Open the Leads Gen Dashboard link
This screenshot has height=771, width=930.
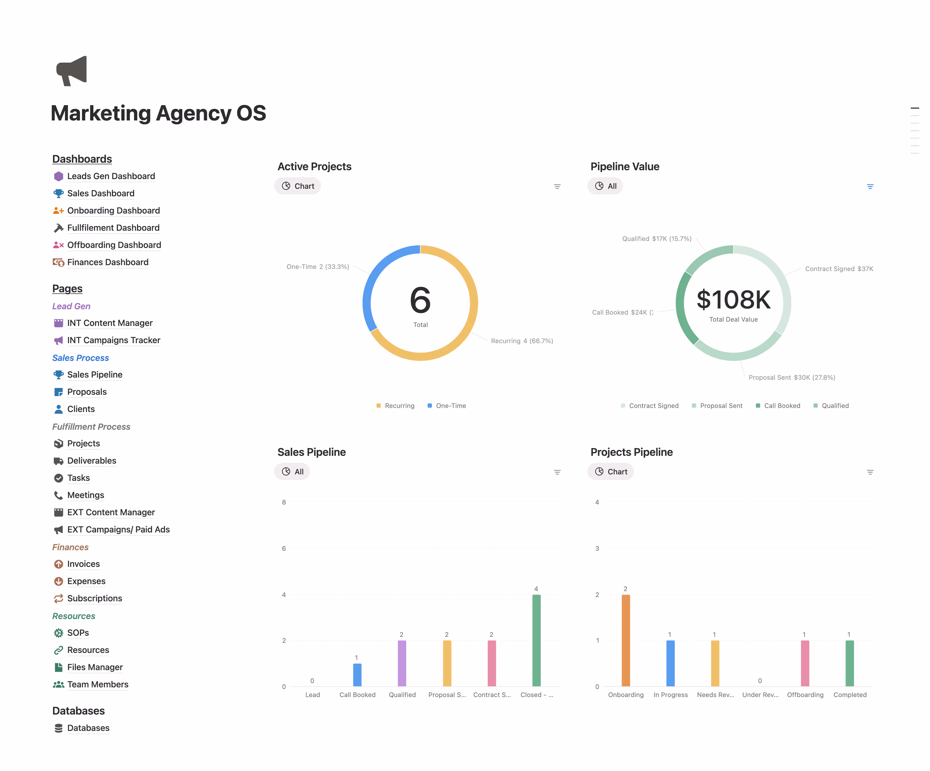pos(111,176)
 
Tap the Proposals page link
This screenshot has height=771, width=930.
pos(87,392)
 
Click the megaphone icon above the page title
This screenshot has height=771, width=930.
pos(72,71)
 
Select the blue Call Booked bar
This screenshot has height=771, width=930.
pos(357,675)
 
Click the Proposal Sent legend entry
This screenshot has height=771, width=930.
pos(721,406)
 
